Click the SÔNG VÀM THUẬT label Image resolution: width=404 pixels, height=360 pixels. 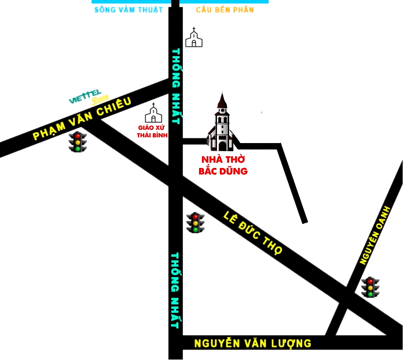tap(128, 10)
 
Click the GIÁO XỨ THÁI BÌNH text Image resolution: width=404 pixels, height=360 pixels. tap(152, 130)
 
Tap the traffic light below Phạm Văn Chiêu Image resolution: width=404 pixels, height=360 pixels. tap(77, 142)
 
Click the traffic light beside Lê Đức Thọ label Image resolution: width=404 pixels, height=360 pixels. tap(196, 223)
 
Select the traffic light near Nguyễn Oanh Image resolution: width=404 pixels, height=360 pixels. tap(370, 287)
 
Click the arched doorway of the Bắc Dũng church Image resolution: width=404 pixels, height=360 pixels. tap(222, 145)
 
